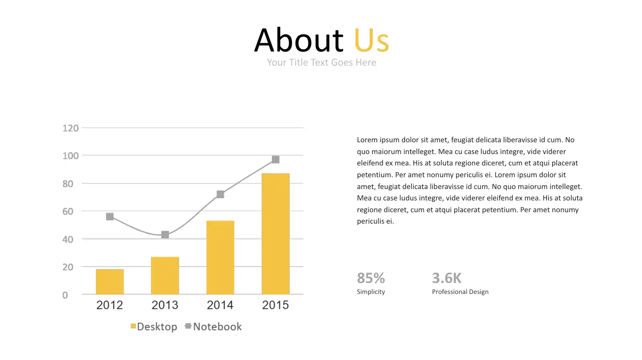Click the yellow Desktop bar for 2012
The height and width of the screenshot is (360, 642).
click(x=110, y=282)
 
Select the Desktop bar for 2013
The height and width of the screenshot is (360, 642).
click(x=165, y=276)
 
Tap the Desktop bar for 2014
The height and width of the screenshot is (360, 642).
click(x=220, y=257)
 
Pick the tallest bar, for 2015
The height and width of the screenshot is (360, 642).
click(x=276, y=233)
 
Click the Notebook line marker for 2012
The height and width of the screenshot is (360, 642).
click(x=110, y=217)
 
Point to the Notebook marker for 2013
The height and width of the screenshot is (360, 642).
click(x=165, y=235)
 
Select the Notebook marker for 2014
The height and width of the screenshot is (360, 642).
click(x=220, y=194)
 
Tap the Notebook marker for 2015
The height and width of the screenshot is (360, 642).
click(x=276, y=159)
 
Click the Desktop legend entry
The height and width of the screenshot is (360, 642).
click(x=154, y=327)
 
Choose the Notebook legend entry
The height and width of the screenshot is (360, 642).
click(x=213, y=327)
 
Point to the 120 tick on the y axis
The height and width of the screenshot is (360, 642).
click(x=70, y=128)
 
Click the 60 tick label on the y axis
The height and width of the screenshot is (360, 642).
click(x=68, y=211)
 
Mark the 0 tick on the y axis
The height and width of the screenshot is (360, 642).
click(x=65, y=295)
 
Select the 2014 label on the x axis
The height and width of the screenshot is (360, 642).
click(x=220, y=305)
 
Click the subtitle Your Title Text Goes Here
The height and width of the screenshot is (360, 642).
click(x=321, y=62)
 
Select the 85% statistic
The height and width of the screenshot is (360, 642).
click(x=371, y=278)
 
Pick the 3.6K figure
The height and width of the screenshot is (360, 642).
click(x=447, y=278)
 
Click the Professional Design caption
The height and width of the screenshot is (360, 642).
click(x=460, y=292)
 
